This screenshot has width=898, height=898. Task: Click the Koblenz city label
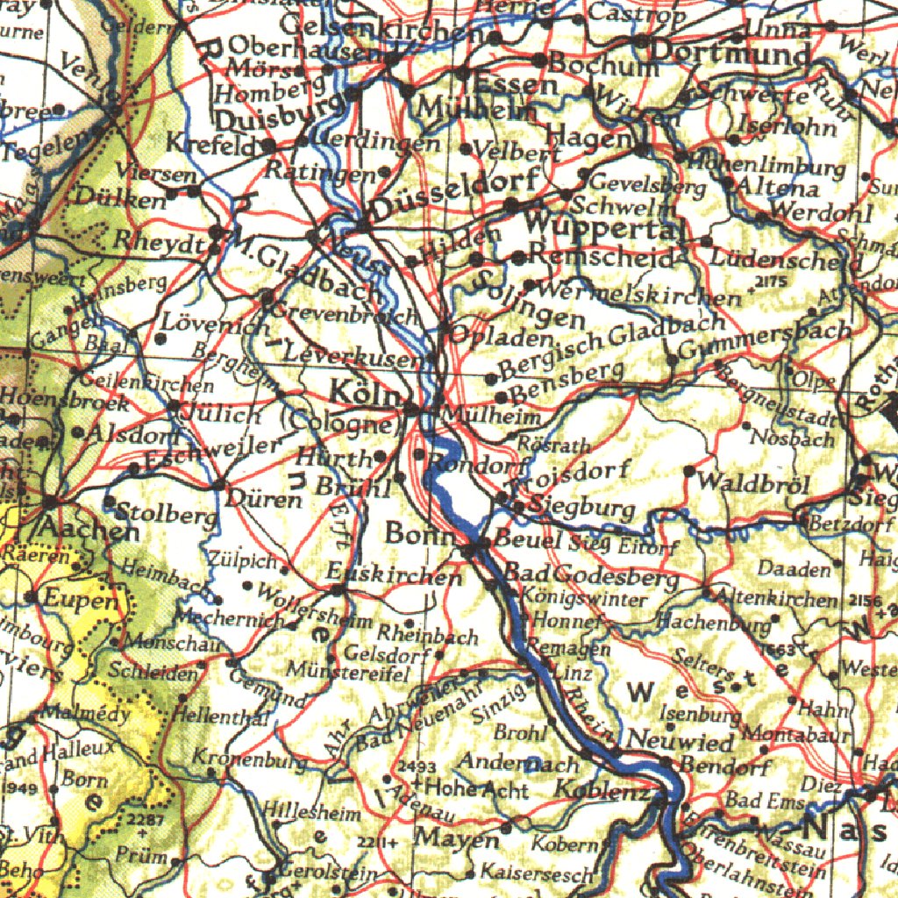(602, 789)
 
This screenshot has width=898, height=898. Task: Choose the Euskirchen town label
(394, 575)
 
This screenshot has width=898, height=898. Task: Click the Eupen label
(80, 601)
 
